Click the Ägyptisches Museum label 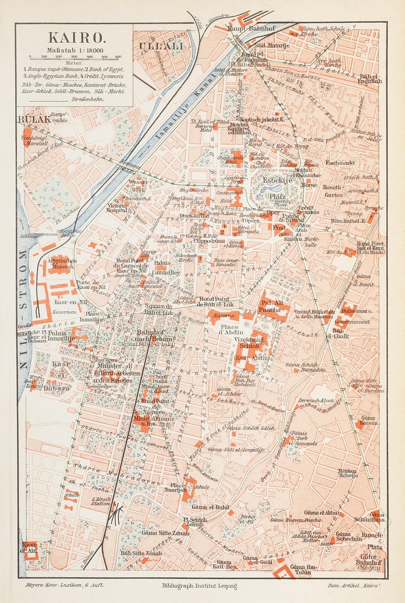pos(62,264)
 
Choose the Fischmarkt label pos(340,163)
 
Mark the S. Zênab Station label pos(101,501)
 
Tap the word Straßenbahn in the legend pos(87,100)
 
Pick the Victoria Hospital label pos(117,208)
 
